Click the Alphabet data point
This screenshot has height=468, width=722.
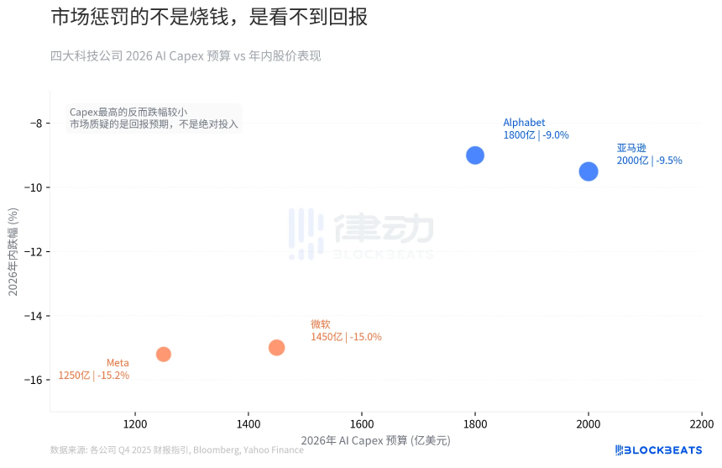pos(475,155)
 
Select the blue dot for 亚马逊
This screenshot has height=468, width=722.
pos(589,171)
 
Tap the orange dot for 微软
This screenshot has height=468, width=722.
pos(277,348)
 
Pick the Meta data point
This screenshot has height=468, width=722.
pos(164,355)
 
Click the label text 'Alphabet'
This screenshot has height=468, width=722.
pos(524,123)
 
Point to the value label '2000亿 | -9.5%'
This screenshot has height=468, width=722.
pos(649,160)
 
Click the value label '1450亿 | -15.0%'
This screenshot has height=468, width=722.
pos(346,337)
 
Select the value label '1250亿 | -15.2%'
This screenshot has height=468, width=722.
pos(93,376)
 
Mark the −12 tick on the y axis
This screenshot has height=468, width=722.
pos(35,252)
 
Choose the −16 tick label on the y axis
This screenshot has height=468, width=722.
pos(35,380)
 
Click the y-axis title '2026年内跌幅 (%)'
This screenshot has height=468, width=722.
pos(13,252)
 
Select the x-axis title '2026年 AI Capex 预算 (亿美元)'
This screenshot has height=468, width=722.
pos(375,440)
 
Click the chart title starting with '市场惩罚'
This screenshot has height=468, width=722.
pos(209,18)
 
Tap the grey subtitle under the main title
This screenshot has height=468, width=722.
pos(186,56)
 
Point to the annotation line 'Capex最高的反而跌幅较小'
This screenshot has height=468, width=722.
pos(128,112)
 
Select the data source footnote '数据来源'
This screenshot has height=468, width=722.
pos(176,450)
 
